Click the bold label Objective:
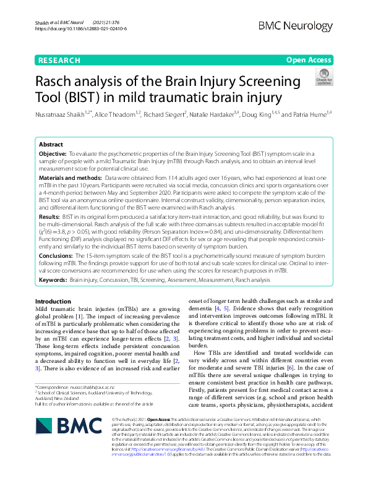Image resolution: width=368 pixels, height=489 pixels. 53,152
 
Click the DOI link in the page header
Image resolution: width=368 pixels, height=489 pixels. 80,28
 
